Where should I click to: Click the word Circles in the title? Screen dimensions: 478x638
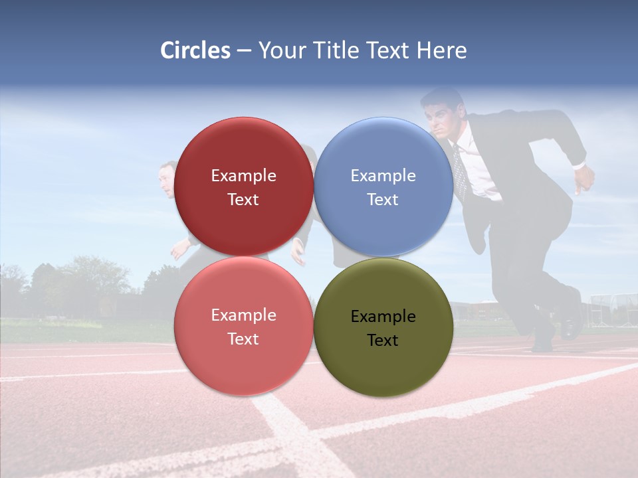click(195, 50)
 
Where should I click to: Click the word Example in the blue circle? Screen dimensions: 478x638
click(383, 176)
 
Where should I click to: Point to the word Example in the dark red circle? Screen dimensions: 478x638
click(243, 176)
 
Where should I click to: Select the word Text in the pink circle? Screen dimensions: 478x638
click(243, 339)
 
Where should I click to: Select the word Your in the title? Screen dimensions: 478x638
click(280, 50)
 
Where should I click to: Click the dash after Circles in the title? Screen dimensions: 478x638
click(244, 50)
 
